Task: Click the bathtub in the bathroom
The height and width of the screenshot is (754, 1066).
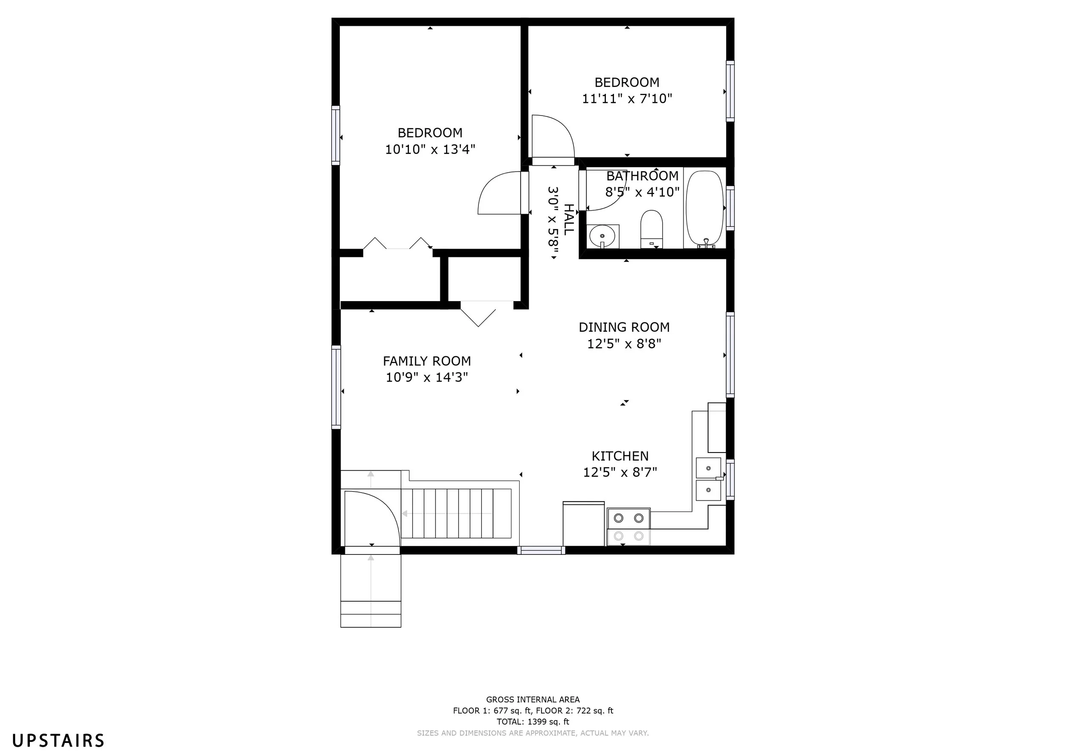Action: click(704, 208)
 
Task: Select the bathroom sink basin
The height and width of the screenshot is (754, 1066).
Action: click(603, 236)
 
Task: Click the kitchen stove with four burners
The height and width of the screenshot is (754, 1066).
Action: click(629, 527)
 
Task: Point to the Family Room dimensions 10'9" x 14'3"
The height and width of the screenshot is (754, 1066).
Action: click(427, 377)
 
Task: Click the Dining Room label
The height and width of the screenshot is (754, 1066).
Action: click(624, 328)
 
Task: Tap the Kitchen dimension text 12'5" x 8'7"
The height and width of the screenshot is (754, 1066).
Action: click(620, 472)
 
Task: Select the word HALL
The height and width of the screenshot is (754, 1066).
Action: click(569, 219)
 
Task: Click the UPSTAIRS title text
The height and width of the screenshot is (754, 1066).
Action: click(58, 740)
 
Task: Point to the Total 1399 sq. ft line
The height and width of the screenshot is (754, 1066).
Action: click(533, 722)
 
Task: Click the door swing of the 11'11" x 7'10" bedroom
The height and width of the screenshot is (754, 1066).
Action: click(553, 136)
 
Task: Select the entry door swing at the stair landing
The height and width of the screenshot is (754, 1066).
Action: click(371, 519)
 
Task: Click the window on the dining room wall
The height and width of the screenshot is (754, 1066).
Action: click(730, 355)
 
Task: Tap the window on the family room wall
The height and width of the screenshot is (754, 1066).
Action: click(336, 387)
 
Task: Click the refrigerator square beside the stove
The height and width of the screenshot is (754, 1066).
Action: click(584, 524)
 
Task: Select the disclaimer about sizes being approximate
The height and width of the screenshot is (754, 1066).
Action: click(533, 733)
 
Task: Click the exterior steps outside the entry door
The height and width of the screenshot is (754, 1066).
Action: click(371, 591)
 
